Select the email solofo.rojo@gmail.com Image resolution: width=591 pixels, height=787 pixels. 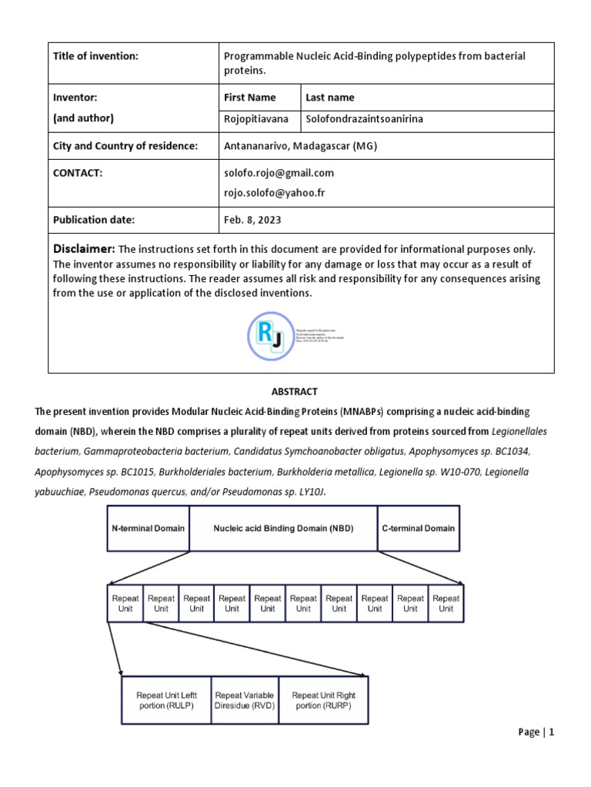(279, 173)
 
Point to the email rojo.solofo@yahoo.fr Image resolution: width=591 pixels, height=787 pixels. (274, 192)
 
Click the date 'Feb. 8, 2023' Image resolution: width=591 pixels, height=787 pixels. (252, 220)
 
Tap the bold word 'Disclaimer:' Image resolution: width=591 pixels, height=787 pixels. (84, 249)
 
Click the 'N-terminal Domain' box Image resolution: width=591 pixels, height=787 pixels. (148, 529)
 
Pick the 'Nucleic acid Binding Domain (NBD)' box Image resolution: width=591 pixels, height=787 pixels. (282, 529)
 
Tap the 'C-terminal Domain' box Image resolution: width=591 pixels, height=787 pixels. (418, 529)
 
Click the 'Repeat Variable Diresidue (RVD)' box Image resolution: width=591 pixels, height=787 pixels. (244, 700)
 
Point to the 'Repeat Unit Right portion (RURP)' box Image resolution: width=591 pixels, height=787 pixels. (323, 700)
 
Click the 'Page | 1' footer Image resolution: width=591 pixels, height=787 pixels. (536, 732)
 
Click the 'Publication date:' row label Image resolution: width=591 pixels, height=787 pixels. (94, 220)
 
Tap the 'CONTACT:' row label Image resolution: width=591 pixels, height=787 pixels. (78, 174)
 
